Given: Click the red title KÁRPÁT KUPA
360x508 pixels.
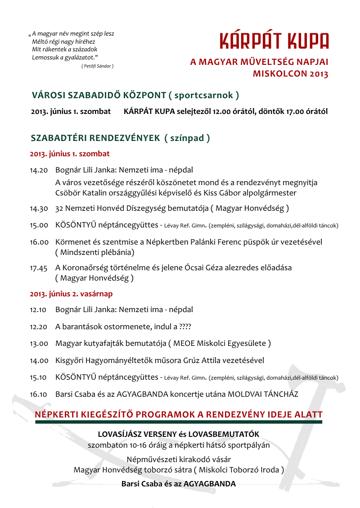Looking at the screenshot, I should click(274, 41).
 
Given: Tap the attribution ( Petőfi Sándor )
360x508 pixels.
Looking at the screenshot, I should click(97, 66).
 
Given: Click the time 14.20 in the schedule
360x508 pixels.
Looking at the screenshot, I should click(39, 171).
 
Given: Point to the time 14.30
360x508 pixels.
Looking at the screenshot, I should click(39, 209).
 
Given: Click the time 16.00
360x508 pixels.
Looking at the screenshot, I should click(39, 242).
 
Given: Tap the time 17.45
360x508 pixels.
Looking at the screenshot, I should click(39, 268).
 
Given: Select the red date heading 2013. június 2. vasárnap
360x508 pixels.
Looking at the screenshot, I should click(71, 294).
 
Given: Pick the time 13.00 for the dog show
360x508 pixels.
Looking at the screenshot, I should click(39, 344).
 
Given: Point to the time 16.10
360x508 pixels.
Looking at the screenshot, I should click(39, 394).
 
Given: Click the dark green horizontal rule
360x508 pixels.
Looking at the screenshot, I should click(179, 422).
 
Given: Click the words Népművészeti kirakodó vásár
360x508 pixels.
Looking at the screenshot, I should click(179, 460).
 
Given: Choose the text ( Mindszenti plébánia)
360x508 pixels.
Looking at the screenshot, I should click(94, 252).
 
